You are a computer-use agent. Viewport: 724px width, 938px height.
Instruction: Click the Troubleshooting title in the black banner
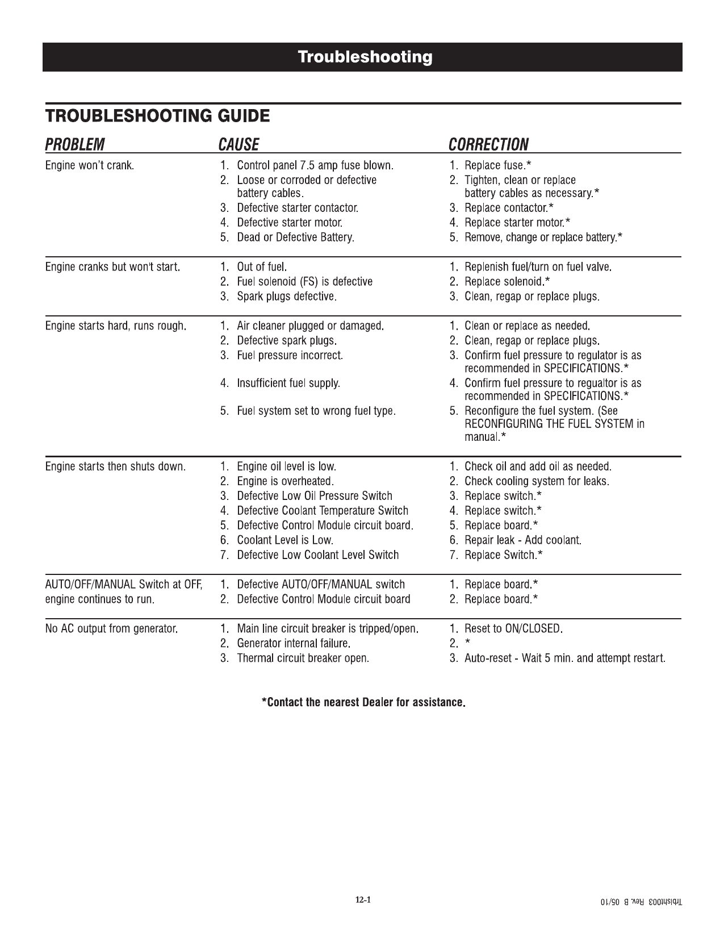[x=365, y=57]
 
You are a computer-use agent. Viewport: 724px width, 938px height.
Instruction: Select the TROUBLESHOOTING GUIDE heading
[x=157, y=116]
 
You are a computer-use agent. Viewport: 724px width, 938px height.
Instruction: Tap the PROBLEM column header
[x=75, y=145]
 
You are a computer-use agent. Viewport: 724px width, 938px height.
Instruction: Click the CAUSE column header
[x=238, y=145]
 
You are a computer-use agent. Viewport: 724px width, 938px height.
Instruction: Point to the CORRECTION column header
[x=488, y=145]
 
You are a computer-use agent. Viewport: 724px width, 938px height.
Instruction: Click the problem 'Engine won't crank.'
[x=90, y=166]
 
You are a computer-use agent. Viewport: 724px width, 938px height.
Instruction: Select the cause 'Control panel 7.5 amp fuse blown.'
[x=315, y=166]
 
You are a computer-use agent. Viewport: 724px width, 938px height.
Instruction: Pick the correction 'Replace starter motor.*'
[x=517, y=223]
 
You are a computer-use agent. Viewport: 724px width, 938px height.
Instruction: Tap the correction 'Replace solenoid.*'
[x=507, y=282]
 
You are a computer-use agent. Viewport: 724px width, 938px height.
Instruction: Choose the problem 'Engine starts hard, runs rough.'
[x=116, y=327]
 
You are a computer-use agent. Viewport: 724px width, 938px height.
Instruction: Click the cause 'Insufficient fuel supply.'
[x=288, y=383]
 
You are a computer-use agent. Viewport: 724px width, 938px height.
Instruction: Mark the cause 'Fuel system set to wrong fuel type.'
[x=316, y=411]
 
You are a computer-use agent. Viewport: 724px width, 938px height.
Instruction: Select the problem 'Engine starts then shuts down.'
[x=116, y=467]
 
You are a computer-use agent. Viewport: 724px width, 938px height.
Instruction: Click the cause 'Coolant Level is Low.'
[x=284, y=540]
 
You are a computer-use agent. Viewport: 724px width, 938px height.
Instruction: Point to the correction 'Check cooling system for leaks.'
[x=537, y=482]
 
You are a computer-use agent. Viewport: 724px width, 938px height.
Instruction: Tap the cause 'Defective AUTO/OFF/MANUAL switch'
[x=321, y=585]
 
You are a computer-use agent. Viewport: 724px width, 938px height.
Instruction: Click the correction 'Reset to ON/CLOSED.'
[x=513, y=629]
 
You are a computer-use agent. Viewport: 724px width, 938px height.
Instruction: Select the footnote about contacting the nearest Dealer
[x=363, y=703]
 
